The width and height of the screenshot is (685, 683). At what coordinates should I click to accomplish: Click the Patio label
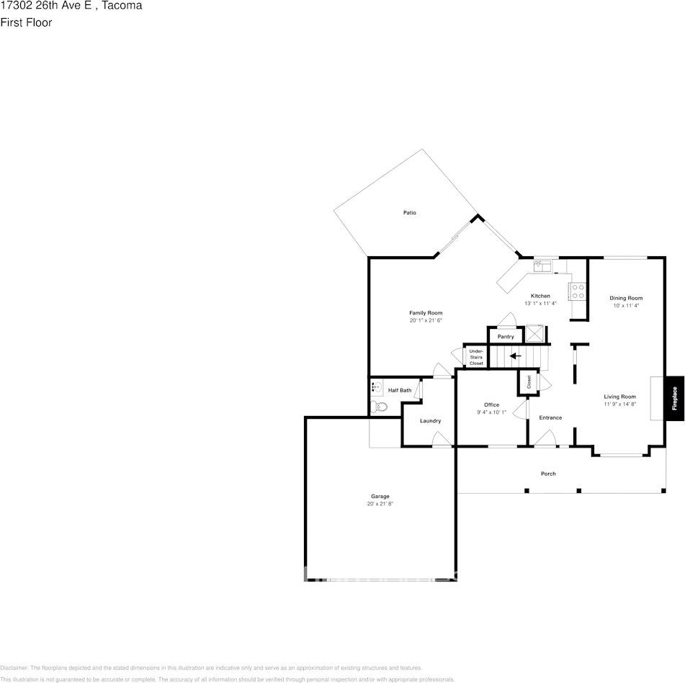point(410,213)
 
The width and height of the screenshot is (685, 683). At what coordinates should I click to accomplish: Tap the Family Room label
point(426,313)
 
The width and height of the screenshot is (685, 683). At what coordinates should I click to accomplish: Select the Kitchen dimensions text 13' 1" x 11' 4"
point(540,304)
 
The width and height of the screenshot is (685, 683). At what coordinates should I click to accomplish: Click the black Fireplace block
point(675,399)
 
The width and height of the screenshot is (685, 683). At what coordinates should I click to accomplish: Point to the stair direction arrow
point(515,356)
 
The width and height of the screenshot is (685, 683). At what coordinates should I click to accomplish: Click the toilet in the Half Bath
point(380,407)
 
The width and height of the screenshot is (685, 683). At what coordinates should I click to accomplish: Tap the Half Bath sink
point(376,388)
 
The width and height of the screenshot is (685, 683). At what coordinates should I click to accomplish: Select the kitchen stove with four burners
point(578,291)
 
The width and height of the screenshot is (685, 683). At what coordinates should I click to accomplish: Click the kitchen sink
point(542,266)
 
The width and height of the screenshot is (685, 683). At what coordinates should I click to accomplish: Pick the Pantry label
point(506,337)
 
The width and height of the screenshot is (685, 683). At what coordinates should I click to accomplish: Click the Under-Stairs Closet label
point(476,357)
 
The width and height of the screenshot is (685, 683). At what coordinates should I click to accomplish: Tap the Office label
point(491,405)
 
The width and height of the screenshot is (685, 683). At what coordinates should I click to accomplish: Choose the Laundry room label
point(430,421)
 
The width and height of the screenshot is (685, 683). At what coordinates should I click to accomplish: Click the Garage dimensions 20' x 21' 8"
point(380,504)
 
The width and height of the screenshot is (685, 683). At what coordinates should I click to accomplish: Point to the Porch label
point(548,474)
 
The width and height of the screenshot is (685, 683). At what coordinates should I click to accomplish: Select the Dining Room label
point(626,298)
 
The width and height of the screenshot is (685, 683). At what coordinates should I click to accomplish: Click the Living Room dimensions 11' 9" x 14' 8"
point(619,404)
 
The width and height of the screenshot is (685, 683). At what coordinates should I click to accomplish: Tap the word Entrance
point(550,417)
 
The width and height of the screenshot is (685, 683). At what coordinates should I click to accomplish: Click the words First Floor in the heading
point(26,22)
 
